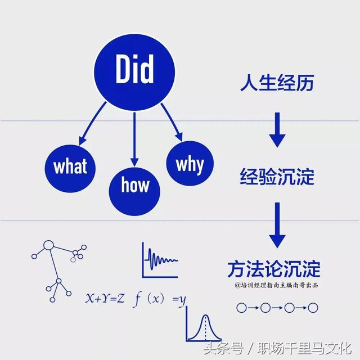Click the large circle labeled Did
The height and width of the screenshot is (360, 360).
pyautogui.click(x=134, y=73)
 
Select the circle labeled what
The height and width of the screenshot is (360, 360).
pyautogui.click(x=70, y=169)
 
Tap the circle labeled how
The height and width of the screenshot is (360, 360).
pyautogui.click(x=134, y=191)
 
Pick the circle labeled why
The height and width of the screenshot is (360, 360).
pyautogui.click(x=190, y=163)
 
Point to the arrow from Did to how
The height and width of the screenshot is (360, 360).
pyautogui.click(x=134, y=139)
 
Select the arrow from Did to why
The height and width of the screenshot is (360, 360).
pyautogui.click(x=172, y=122)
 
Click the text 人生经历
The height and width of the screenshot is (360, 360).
pyautogui.click(x=277, y=83)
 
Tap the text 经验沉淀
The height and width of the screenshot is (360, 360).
pyautogui.click(x=277, y=176)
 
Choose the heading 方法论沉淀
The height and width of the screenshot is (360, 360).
pyautogui.click(x=274, y=269)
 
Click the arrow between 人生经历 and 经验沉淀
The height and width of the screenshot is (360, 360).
pyautogui.click(x=277, y=130)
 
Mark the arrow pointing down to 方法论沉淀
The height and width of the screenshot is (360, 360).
pyautogui.click(x=277, y=225)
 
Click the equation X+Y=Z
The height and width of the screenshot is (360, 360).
pyautogui.click(x=105, y=299)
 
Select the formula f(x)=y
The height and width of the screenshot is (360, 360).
pyautogui.click(x=159, y=299)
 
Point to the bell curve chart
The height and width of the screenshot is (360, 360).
pyautogui.click(x=204, y=324)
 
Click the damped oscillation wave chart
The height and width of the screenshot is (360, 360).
pyautogui.click(x=160, y=260)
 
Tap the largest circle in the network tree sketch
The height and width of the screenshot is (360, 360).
pyautogui.click(x=48, y=245)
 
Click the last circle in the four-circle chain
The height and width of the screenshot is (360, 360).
pyautogui.click(x=313, y=308)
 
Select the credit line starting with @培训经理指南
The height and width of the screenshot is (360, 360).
pyautogui.click(x=276, y=285)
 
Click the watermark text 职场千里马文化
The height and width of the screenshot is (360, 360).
pyautogui.click(x=304, y=349)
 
